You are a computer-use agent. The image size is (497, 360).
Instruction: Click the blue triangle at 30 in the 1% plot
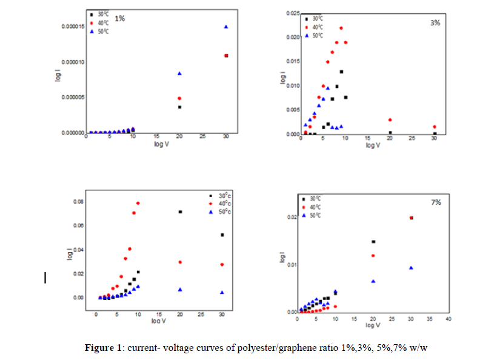tap(225, 27)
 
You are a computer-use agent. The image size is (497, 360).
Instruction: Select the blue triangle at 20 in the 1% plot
tap(179, 73)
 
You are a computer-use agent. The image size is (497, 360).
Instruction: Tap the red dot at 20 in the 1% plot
tap(179, 98)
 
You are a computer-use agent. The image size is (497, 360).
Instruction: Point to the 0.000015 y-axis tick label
tap(70, 27)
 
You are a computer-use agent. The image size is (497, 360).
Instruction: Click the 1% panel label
tap(120, 18)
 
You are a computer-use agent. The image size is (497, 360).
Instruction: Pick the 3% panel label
tap(435, 22)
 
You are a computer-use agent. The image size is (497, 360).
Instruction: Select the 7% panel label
tap(436, 202)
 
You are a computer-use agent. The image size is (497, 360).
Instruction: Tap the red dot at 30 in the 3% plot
tap(435, 127)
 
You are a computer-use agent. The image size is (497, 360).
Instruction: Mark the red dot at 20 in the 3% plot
tap(390, 120)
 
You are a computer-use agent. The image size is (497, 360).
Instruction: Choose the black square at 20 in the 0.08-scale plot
tap(179, 212)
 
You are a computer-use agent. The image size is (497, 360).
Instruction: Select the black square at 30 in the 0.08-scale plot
tap(222, 235)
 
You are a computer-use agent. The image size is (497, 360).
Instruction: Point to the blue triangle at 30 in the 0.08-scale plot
tap(222, 292)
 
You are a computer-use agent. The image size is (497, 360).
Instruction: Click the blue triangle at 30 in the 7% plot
tap(412, 268)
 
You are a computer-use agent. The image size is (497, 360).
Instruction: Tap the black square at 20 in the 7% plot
tap(373, 242)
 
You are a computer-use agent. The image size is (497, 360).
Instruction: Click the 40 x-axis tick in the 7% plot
tap(449, 319)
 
